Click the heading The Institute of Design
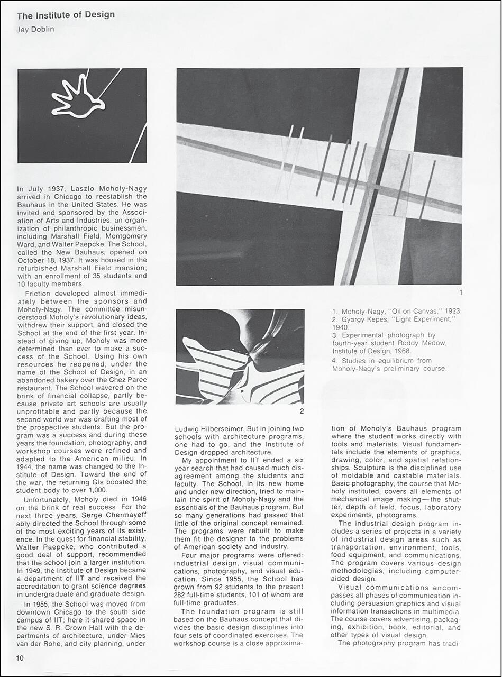(x=66, y=15)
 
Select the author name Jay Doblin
(x=35, y=29)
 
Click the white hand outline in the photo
(x=77, y=98)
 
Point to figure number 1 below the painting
(x=461, y=292)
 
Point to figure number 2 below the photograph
(x=302, y=411)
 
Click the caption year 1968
(x=405, y=351)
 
